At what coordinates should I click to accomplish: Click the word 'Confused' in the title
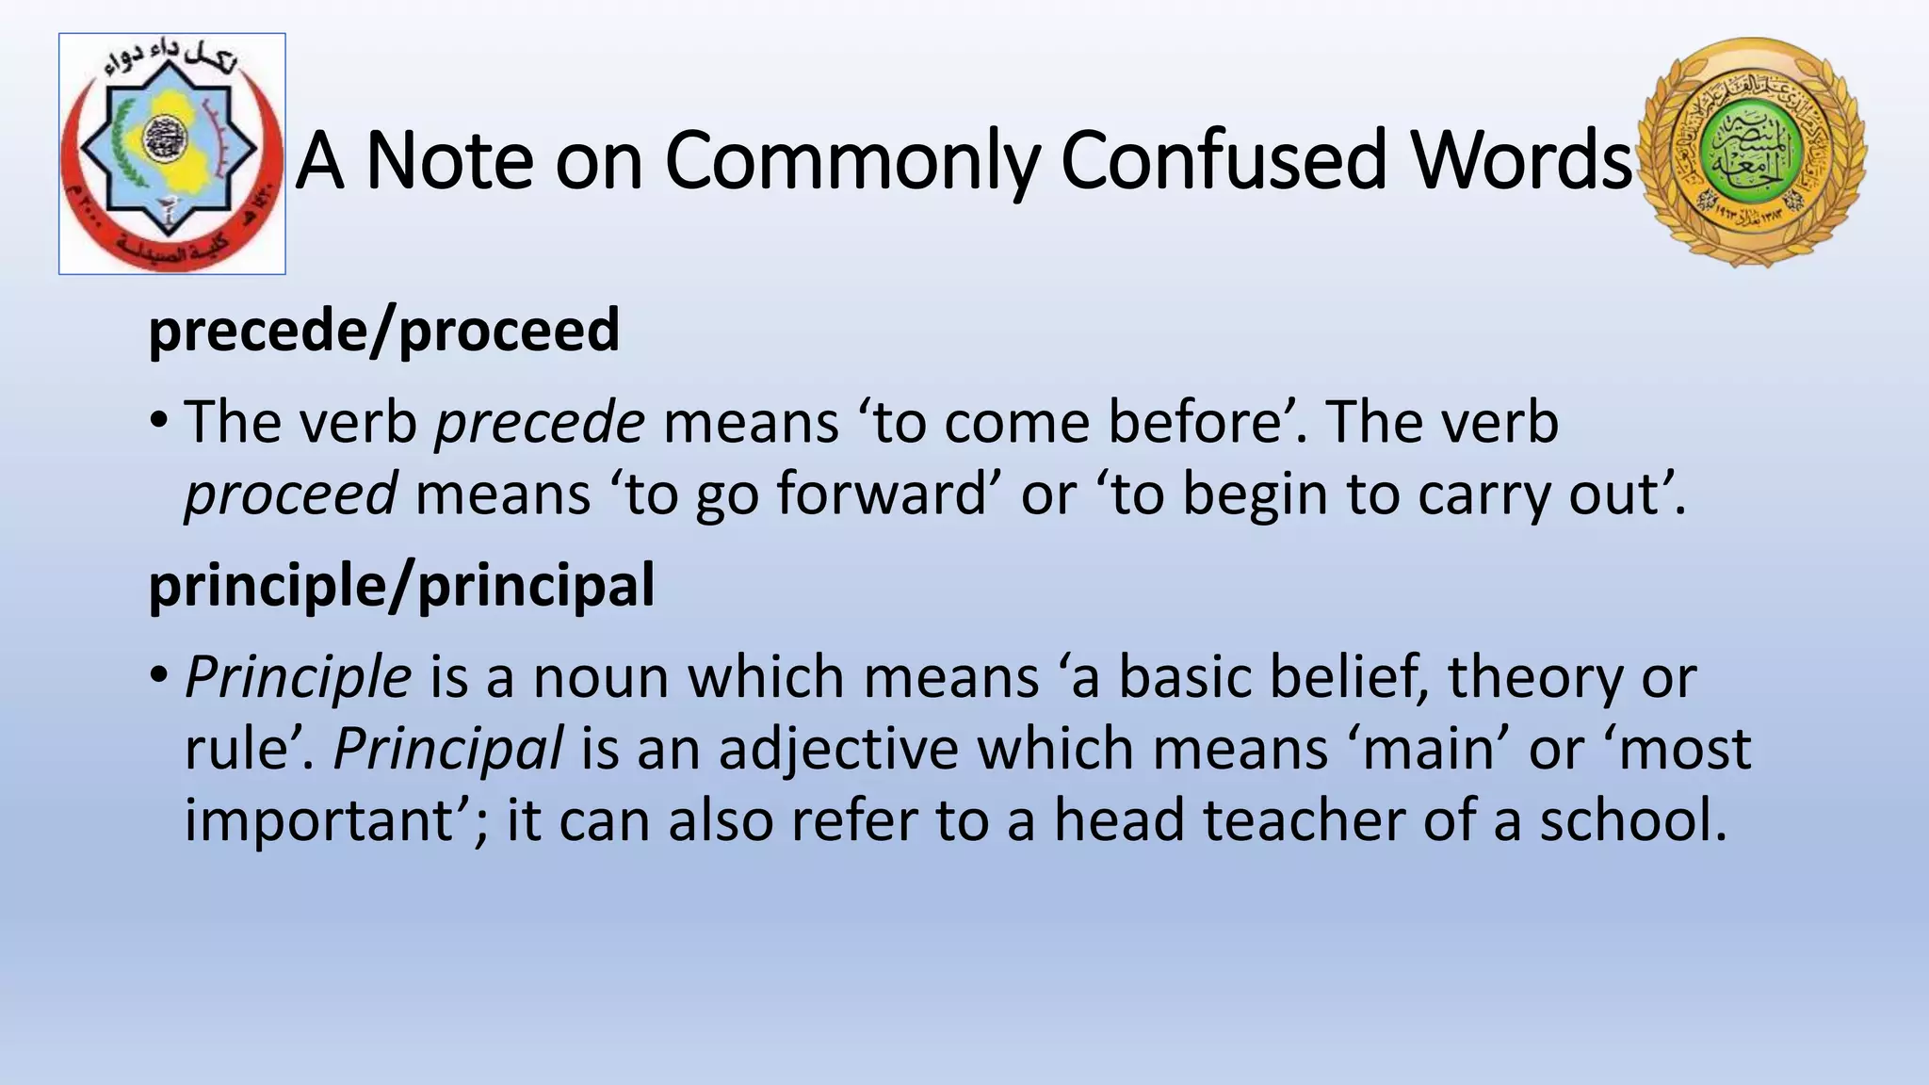click(1224, 160)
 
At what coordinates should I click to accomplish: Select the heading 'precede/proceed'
click(384, 331)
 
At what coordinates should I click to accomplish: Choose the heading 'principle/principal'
click(401, 586)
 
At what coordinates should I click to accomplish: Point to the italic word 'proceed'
click(290, 494)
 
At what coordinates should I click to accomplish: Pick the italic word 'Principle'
click(299, 676)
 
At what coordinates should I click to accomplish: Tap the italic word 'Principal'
click(448, 749)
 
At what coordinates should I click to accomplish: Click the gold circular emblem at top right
click(1752, 153)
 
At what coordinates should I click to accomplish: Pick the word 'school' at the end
click(1633, 819)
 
